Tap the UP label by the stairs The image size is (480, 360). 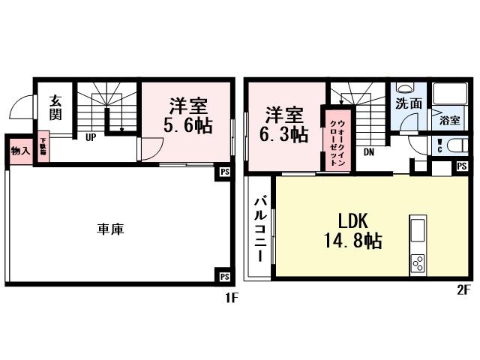click(x=91, y=137)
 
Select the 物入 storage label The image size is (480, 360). click(x=19, y=150)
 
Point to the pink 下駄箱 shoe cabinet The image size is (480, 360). click(x=43, y=146)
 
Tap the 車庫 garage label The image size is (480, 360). click(x=110, y=229)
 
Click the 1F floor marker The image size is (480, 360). click(x=230, y=298)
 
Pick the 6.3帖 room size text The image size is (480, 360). click(x=283, y=135)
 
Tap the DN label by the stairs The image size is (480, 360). click(x=370, y=151)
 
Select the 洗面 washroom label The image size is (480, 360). click(x=409, y=104)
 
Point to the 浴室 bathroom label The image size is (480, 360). click(x=449, y=119)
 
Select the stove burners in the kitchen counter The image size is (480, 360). click(x=418, y=263)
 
